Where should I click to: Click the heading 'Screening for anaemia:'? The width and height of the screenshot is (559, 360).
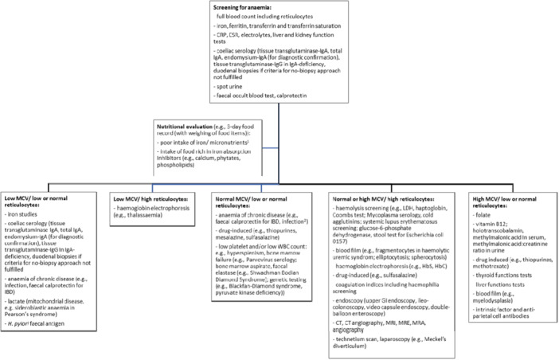[238, 7]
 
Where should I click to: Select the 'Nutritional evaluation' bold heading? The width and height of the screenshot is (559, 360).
[197, 123]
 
